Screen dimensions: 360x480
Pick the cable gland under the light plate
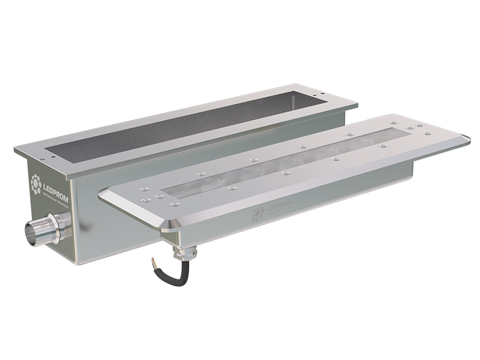[x=180, y=252]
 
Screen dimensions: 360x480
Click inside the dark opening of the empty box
[x=180, y=126]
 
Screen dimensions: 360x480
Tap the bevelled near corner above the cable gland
[x=169, y=226]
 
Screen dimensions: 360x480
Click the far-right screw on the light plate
[x=428, y=133]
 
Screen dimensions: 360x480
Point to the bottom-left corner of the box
[x=79, y=264]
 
